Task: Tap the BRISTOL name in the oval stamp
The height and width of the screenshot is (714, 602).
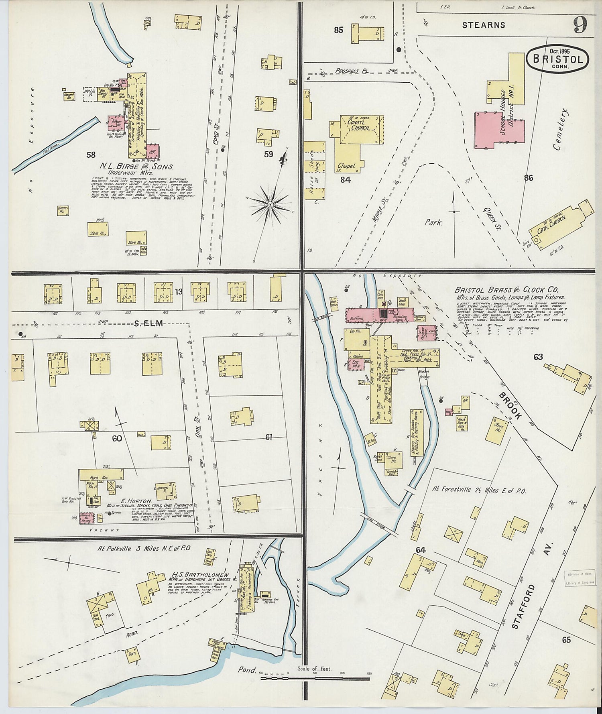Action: [x=557, y=59]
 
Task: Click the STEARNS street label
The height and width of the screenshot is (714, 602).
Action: [x=483, y=25]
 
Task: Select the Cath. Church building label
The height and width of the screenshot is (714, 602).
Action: [x=553, y=225]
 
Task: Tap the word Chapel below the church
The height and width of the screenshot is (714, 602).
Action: [x=347, y=166]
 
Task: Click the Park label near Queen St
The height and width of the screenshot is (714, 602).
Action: [x=433, y=222]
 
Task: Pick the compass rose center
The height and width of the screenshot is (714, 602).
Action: [x=270, y=205]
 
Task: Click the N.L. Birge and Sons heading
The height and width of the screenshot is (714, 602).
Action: [x=136, y=166]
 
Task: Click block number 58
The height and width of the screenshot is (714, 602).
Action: [x=91, y=154]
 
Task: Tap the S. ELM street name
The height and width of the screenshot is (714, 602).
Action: [x=148, y=323]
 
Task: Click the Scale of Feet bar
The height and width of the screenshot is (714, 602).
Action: [x=315, y=678]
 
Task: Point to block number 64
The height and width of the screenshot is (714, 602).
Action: [x=420, y=550]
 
